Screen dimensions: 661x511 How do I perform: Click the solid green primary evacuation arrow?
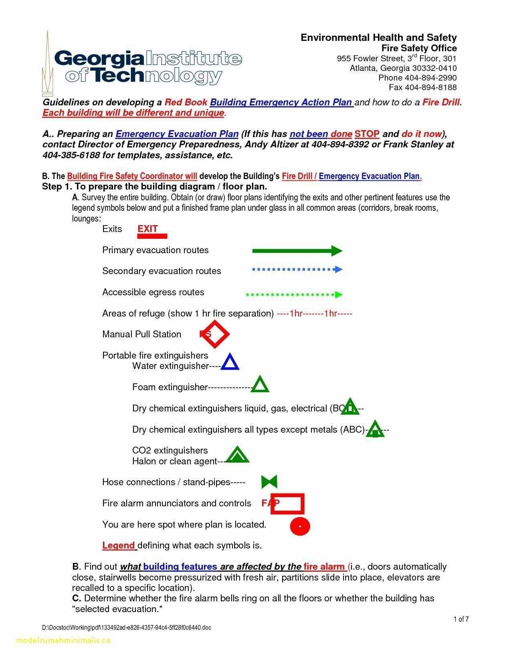coord(297,251)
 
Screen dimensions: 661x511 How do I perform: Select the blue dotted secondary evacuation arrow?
coord(297,270)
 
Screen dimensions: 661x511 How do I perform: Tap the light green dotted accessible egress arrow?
coord(294,295)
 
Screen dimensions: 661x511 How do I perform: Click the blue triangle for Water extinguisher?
coord(230,362)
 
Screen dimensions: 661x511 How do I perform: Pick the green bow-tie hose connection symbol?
coord(269,482)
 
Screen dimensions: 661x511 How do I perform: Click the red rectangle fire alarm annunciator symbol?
coord(287,504)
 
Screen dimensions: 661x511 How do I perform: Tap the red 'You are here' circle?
coord(300,526)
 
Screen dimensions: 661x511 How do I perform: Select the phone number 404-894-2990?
coord(430,78)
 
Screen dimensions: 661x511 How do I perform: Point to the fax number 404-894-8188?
coord(430,87)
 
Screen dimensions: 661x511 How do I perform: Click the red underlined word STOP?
coord(367,134)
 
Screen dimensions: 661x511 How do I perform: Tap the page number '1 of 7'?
coord(461,619)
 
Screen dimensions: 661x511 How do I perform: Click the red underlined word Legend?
coord(119,546)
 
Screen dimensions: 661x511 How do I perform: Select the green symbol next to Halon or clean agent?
coord(237,455)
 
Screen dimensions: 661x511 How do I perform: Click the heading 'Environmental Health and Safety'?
coord(378,38)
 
